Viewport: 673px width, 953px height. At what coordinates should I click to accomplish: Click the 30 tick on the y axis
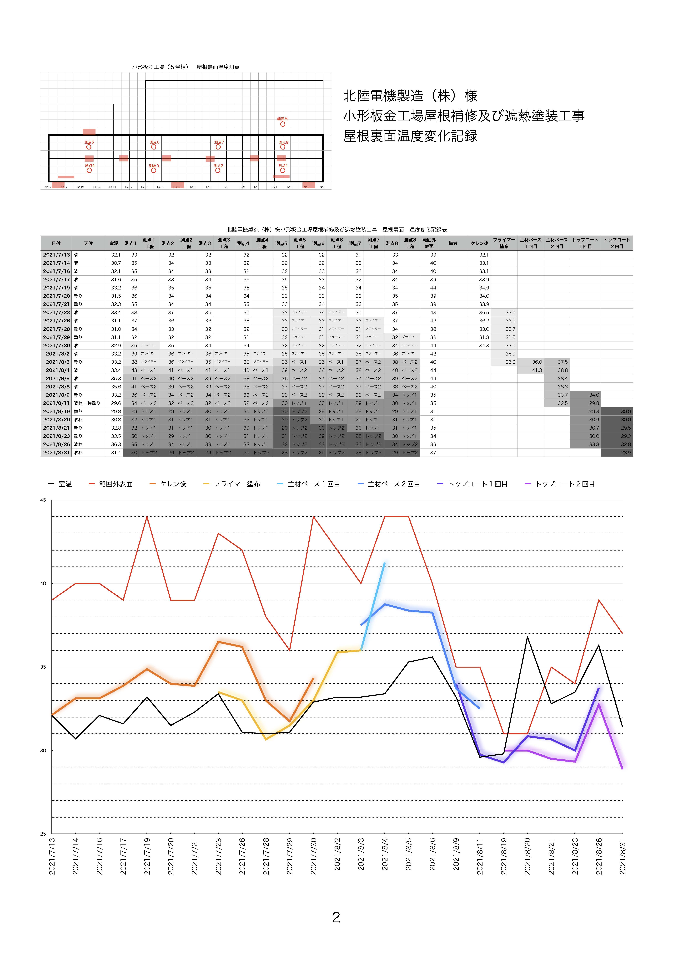coord(43,750)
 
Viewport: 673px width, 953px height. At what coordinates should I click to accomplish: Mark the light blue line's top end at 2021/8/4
coord(385,563)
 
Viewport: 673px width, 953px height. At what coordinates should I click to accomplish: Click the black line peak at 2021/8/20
coord(527,637)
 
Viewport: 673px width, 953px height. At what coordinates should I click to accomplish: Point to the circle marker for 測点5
coord(89,147)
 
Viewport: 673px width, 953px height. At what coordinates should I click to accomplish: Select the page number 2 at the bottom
coord(336,917)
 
